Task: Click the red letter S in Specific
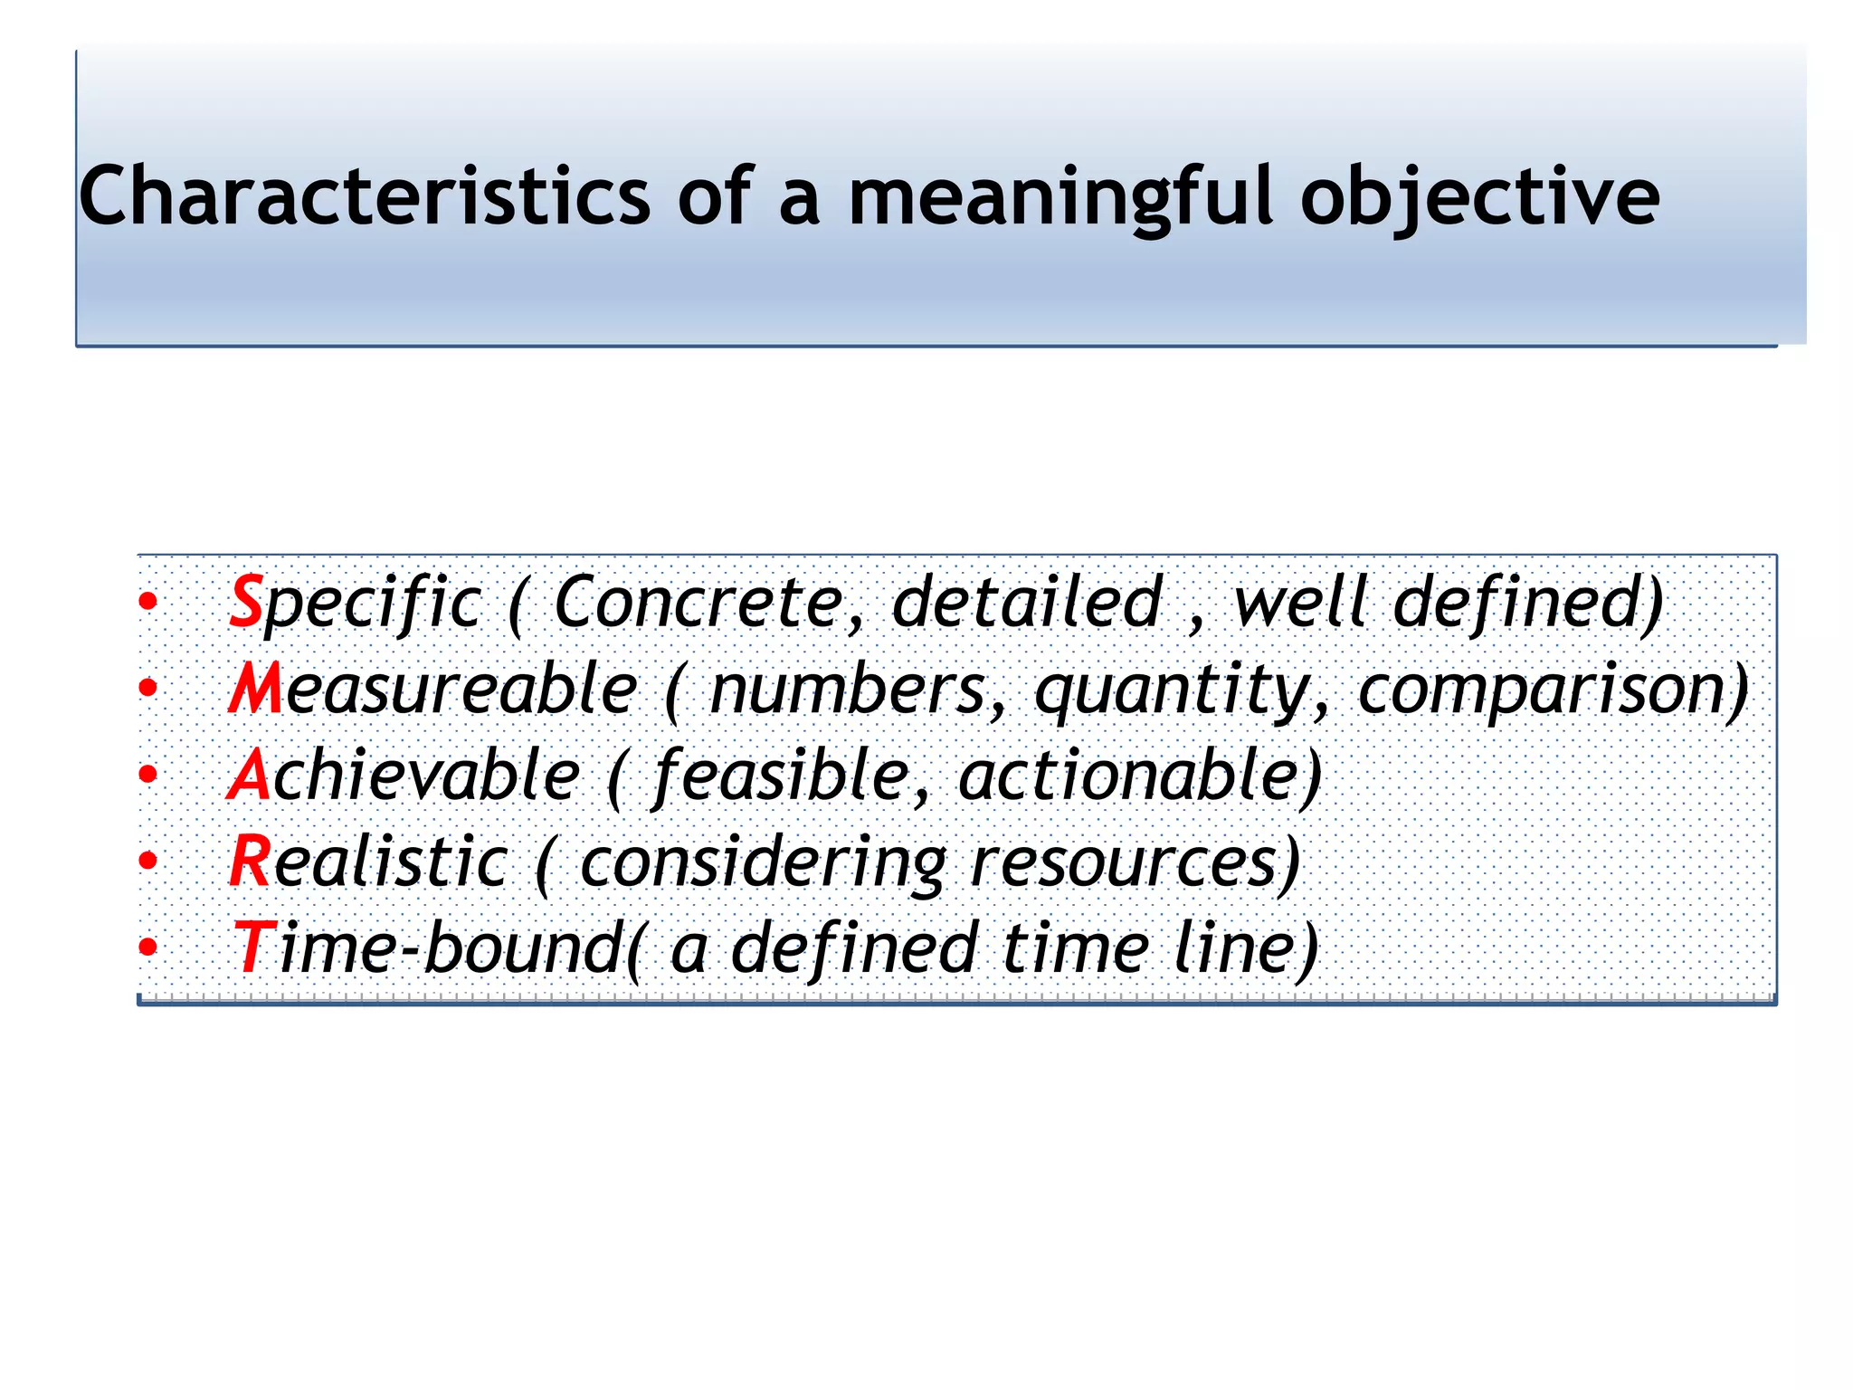[245, 602]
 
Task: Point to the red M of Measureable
[256, 689]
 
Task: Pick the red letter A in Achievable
[249, 776]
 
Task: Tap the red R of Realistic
[249, 862]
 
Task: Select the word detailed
[1027, 602]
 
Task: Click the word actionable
[1136, 776]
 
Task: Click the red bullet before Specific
[148, 602]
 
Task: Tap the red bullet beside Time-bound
[148, 947]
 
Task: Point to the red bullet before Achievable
[148, 775]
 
